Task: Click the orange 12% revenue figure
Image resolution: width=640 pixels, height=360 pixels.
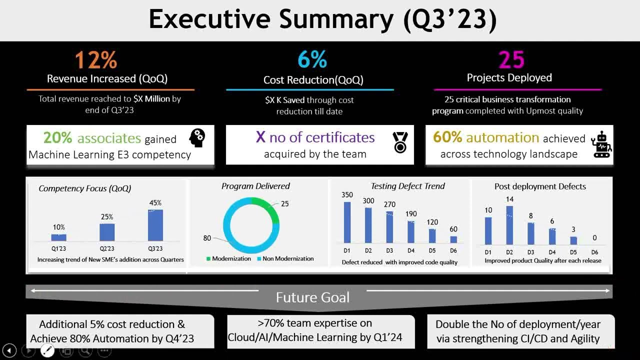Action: point(96,60)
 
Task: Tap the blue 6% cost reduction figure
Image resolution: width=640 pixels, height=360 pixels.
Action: point(312,60)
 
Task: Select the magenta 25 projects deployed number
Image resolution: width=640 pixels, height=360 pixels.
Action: point(511,60)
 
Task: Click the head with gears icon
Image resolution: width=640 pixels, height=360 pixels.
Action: point(197,138)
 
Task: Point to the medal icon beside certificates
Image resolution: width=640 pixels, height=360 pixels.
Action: point(400,142)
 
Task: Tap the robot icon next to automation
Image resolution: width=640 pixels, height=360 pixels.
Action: point(601,145)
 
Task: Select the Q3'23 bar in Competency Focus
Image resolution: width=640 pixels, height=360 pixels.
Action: point(155,225)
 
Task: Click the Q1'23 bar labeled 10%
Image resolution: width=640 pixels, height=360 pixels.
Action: point(58,237)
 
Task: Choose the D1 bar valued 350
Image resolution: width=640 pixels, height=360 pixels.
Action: point(347,222)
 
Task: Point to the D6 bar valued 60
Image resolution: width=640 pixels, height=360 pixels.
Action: point(453,239)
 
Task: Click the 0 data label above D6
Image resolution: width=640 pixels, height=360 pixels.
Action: point(594,238)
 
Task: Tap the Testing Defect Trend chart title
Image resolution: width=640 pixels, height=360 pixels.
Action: point(407,186)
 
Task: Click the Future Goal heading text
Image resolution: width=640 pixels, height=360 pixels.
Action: point(312,297)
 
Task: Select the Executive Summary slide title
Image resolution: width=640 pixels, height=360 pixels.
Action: point(322,20)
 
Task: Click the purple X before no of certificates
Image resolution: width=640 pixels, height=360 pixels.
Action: point(260,137)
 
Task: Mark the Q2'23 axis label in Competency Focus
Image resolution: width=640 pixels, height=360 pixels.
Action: point(107,248)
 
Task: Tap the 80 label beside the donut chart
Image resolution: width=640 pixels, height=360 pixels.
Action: point(207,238)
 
